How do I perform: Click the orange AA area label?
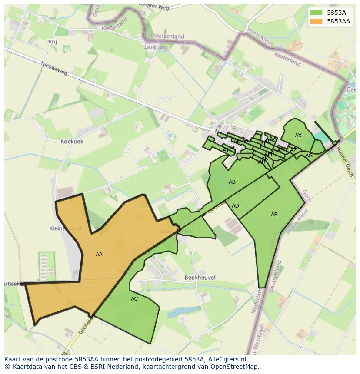(99, 255)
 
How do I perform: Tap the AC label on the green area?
(134, 299)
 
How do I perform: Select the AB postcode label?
(232, 182)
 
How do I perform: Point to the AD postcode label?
(235, 206)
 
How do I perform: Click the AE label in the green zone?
(274, 215)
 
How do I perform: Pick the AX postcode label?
(298, 136)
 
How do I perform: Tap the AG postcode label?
(309, 156)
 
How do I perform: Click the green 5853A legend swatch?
(316, 13)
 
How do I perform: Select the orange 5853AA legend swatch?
(316, 21)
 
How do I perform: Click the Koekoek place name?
(72, 142)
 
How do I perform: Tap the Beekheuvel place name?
(200, 278)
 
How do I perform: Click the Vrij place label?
(52, 42)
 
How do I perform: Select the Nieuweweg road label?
(54, 69)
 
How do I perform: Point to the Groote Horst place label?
(177, 232)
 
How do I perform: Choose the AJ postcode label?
(226, 150)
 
